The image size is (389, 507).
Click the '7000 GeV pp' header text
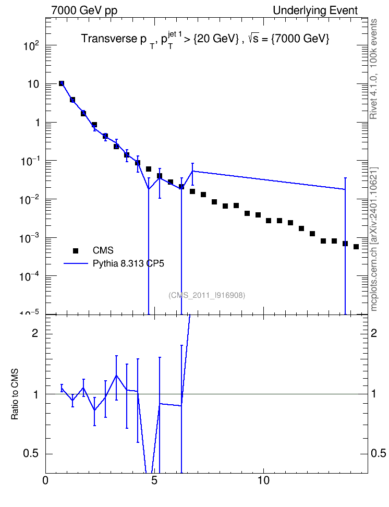pyautogui.click(x=84, y=10)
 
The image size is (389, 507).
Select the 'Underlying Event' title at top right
pyautogui.click(x=315, y=10)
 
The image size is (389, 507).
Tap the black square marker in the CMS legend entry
pyautogui.click(x=76, y=250)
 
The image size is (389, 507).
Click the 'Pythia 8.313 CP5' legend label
pyautogui.click(x=128, y=263)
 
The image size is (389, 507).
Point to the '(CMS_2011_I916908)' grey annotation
pyautogui.click(x=206, y=295)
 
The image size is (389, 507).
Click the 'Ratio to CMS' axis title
pyautogui.click(x=15, y=394)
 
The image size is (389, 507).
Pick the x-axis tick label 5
pyautogui.click(x=154, y=480)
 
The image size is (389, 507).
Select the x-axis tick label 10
pyautogui.click(x=263, y=480)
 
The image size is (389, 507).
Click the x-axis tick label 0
pyautogui.click(x=45, y=480)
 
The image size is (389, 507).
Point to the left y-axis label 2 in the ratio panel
pyautogui.click(x=35, y=333)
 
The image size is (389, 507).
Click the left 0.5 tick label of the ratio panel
pyautogui.click(x=31, y=453)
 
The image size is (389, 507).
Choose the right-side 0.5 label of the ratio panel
pyautogui.click(x=379, y=453)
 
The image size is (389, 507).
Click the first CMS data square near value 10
pyautogui.click(x=62, y=83)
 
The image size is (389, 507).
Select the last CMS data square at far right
pyautogui.click(x=356, y=247)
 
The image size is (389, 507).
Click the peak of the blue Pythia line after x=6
pyautogui.click(x=193, y=171)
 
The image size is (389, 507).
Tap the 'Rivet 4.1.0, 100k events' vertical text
pyautogui.click(x=373, y=69)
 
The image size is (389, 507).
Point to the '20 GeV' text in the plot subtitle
pyautogui.click(x=216, y=39)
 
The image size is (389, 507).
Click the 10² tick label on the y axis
pyautogui.click(x=31, y=45)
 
